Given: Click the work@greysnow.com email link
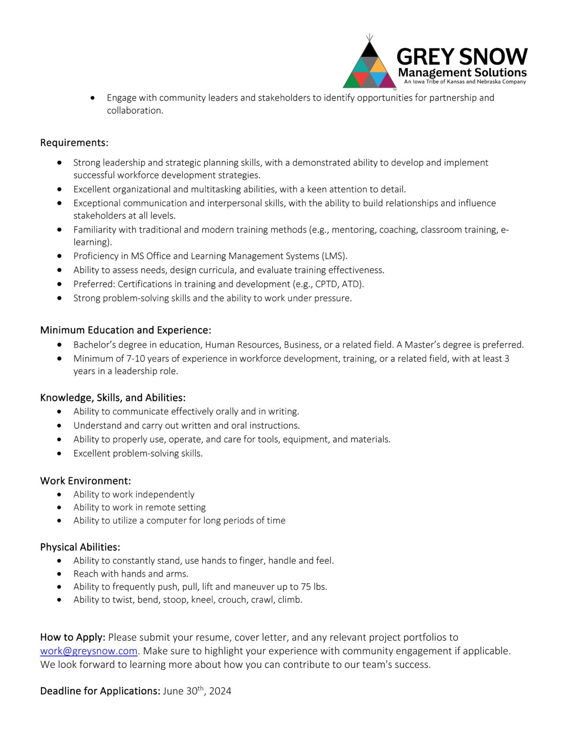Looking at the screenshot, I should click(89, 651).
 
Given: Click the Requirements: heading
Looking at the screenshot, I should click(74, 143).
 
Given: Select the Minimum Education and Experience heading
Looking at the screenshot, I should click(125, 330).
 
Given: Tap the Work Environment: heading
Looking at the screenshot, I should click(85, 481).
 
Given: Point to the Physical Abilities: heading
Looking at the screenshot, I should click(80, 547).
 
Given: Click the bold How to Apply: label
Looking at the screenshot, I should click(72, 637).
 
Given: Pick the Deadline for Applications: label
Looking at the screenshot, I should click(100, 691).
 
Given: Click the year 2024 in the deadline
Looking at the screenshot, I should click(220, 691).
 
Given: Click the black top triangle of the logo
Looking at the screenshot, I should click(369, 50).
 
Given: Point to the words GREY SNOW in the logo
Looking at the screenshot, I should click(462, 57).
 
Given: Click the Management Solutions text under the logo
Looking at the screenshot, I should click(462, 73).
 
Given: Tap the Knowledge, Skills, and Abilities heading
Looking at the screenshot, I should click(112, 398).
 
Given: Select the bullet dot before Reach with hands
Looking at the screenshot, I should click(59, 574).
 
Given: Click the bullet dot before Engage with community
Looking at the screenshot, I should click(92, 98).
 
